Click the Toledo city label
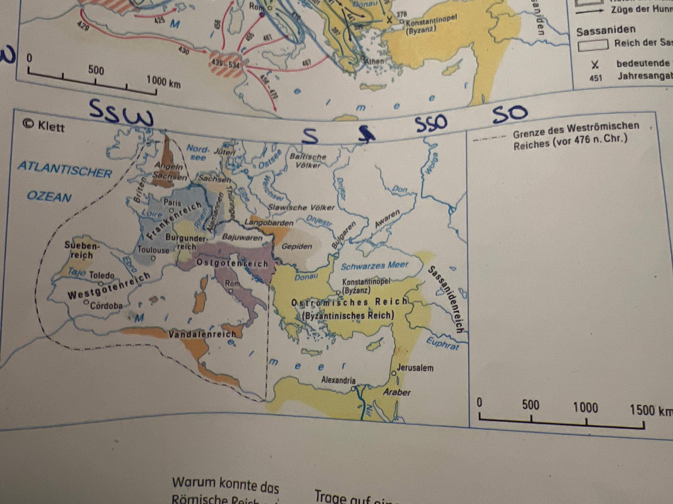pos(102,275)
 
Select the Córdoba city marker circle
pos(86,302)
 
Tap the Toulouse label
pos(153,250)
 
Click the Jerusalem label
pos(415,368)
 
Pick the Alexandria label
pos(338,380)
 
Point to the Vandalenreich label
pos(202,334)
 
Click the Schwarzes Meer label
pos(374,266)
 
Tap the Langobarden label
pos(269,223)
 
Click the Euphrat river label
pos(442,344)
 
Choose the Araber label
pos(397,392)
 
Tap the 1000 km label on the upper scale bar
pos(163,81)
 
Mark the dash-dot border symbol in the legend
pos(489,139)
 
